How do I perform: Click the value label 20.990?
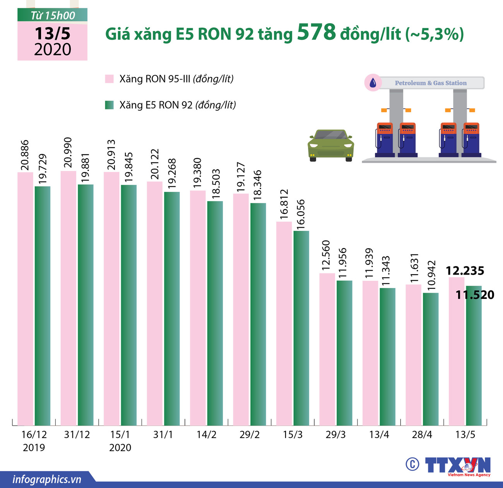(x=68, y=152)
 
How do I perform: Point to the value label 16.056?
(x=301, y=214)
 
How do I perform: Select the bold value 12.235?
(x=465, y=271)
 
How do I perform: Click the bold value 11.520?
(x=475, y=295)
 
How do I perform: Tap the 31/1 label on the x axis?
(x=163, y=435)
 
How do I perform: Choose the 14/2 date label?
(x=206, y=435)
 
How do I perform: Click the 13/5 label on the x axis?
(x=465, y=435)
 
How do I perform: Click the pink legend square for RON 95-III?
(x=109, y=79)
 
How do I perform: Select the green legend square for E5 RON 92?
(x=109, y=105)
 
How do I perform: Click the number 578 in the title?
(x=317, y=32)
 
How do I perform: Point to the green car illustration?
(x=331, y=145)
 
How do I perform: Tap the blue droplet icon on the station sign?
(x=373, y=83)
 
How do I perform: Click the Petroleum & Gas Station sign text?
(x=431, y=83)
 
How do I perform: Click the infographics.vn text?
(x=47, y=479)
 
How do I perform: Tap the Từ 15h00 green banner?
(x=53, y=15)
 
